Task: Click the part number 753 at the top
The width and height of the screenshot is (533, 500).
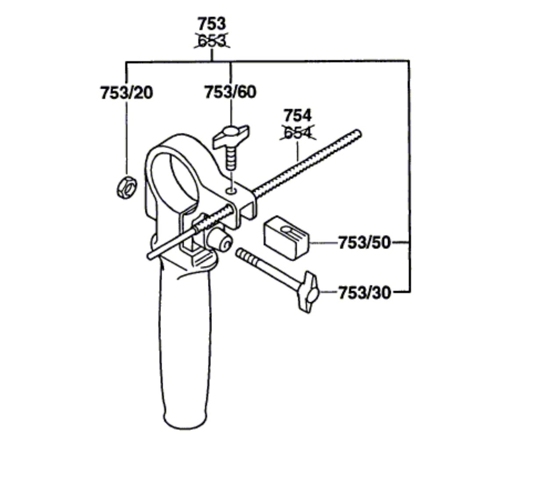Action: point(212,24)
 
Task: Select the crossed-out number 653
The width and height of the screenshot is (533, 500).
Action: point(212,41)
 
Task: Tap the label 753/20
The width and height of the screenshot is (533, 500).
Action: point(127,93)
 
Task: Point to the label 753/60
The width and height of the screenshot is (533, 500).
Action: point(231,92)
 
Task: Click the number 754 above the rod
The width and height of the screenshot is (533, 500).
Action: point(297,115)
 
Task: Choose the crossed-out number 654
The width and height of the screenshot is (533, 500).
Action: point(298,133)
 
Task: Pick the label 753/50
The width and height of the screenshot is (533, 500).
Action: point(364,243)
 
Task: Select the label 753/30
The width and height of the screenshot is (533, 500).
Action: point(364,293)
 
